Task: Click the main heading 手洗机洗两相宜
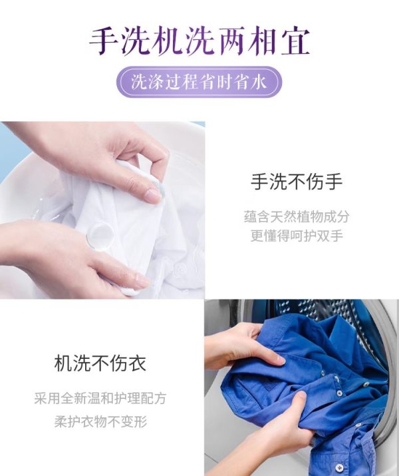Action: coord(199,41)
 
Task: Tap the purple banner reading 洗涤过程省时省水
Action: coord(199,82)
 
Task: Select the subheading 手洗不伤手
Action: coord(297,182)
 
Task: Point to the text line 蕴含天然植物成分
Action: coord(297,216)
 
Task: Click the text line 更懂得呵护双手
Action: coord(297,236)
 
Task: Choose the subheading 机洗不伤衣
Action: coord(100,363)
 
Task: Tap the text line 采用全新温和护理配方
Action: coord(100,398)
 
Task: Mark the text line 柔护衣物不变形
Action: coord(100,421)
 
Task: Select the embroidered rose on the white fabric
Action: coord(180,269)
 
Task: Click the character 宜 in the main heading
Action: coord(296,41)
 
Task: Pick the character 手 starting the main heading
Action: coord(104,41)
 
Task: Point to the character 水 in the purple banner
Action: coord(258,82)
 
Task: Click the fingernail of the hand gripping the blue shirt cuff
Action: coord(301,395)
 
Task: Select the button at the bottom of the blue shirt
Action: coord(340,467)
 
